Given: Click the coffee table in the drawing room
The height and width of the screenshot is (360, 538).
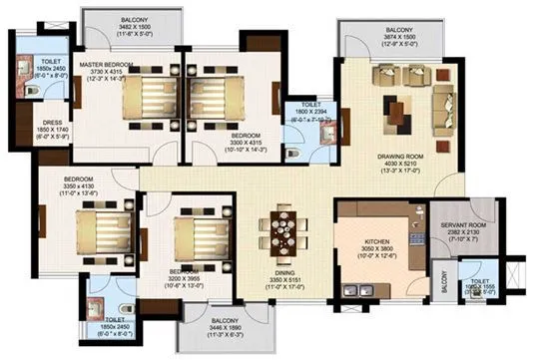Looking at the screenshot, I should pyautogui.click(x=402, y=106).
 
